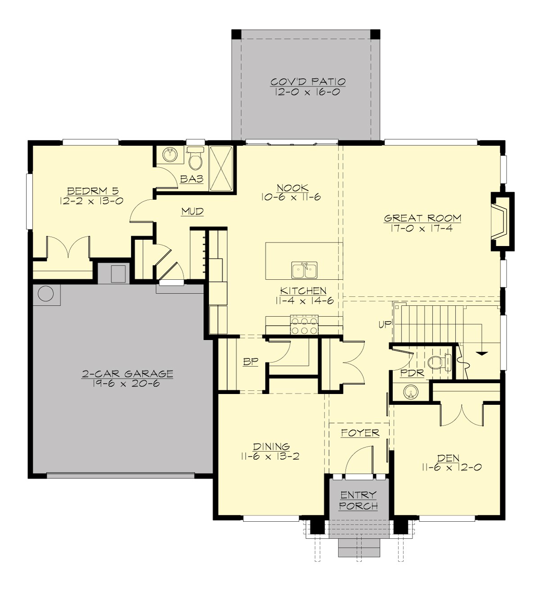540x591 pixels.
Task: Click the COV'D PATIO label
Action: pos(308,82)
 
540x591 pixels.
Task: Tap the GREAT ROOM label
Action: pos(423,219)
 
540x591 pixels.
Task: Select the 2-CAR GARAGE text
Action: pos(127,374)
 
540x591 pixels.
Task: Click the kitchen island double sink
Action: pos(304,270)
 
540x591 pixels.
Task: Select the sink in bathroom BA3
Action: pos(170,156)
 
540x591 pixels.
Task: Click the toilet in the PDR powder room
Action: pos(437,362)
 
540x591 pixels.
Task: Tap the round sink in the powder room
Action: pos(410,392)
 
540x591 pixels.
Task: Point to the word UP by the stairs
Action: pos(385,324)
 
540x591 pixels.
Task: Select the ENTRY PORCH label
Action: pos(358,501)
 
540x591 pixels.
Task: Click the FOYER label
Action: pos(360,433)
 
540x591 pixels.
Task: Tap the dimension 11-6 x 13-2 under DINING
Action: pos(270,457)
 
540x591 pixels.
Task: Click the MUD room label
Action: pos(193,211)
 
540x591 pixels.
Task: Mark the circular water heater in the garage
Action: pos(45,294)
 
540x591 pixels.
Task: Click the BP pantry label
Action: pos(250,362)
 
